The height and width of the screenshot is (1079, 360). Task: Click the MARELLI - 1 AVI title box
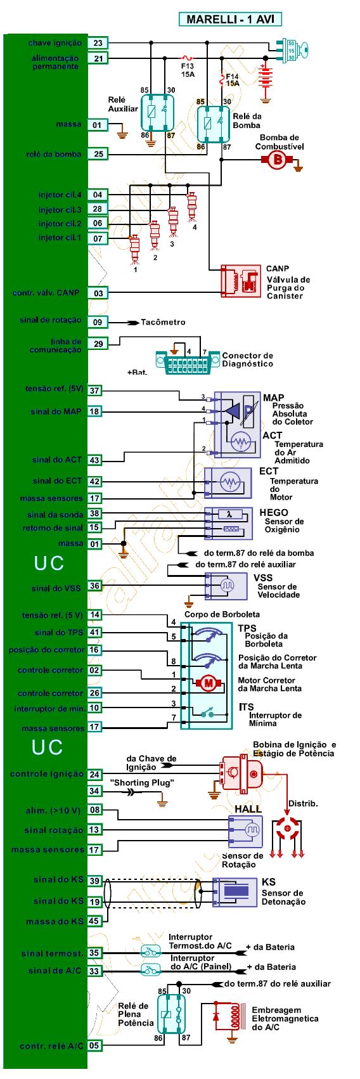coord(230,19)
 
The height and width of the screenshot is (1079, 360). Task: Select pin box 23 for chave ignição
coord(98,43)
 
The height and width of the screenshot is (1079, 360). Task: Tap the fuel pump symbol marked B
coord(277,160)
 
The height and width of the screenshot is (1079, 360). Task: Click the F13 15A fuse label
coord(188,70)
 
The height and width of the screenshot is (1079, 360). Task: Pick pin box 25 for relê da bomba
coord(98,154)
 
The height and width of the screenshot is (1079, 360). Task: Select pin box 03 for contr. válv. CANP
coord(98,293)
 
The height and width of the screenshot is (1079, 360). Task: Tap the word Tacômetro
coord(163,322)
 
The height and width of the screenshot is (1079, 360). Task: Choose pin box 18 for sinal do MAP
coord(95,411)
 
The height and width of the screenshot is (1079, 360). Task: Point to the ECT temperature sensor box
coord(228,482)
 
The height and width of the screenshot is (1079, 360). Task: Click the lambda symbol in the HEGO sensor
coord(229,514)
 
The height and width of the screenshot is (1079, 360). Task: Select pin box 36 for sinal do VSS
coord(95,586)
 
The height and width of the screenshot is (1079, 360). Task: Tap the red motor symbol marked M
coord(209,683)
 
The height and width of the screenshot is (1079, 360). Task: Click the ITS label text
coord(246,707)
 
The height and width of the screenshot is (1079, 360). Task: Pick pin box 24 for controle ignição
coord(95,775)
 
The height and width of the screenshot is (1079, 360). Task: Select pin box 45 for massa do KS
coord(94,921)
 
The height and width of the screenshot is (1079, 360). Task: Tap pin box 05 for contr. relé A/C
coord(94,1046)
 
